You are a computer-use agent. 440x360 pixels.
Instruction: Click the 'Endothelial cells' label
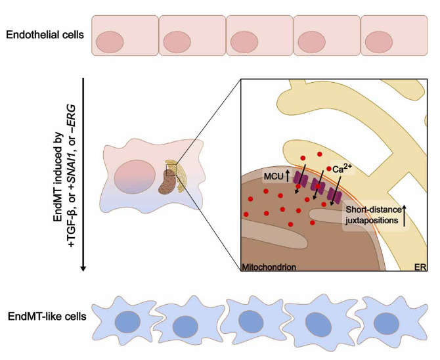pos(45,35)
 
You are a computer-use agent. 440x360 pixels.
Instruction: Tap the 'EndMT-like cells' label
pos(47,317)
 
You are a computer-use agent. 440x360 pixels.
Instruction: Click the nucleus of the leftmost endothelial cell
pos(110,43)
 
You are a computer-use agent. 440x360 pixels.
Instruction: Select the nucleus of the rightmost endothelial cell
pos(379,43)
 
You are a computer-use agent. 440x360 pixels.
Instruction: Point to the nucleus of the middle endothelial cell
pos(244,43)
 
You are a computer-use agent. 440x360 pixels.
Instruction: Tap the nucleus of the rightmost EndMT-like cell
pos(386,323)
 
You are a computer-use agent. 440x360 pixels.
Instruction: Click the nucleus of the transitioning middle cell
pos(135,177)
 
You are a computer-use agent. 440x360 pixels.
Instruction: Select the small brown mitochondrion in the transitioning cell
pos(166,182)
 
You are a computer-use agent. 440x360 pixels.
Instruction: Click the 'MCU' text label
pos(274,177)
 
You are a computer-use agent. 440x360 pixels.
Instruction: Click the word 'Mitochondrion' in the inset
pos(269,267)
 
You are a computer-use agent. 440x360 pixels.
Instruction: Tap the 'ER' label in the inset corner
pos(421,267)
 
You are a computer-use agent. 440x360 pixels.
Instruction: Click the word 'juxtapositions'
pos(372,220)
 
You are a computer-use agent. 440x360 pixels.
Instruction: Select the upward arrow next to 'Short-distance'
pos(404,215)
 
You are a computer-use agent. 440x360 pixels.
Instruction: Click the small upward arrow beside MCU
pos(287,176)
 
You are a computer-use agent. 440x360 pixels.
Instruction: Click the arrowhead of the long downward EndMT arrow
pos(83,269)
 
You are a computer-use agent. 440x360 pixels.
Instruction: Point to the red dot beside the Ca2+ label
pos(329,168)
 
